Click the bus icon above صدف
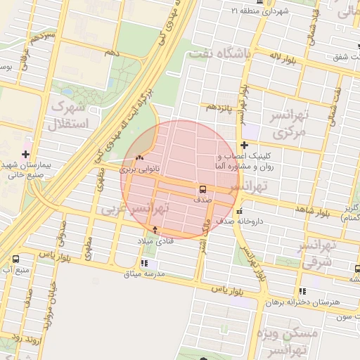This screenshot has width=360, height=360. pyautogui.click(x=202, y=189)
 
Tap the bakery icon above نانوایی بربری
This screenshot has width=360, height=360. pyautogui.click(x=139, y=157)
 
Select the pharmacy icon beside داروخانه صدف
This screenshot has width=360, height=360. pyautogui.click(x=240, y=211)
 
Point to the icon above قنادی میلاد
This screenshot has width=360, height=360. pyautogui.click(x=155, y=230)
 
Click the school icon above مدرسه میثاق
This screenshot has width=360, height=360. pyautogui.click(x=144, y=263)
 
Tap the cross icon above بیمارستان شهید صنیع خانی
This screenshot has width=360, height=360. pyautogui.click(x=26, y=153)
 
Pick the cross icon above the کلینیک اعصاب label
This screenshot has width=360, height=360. pyautogui.click(x=244, y=146)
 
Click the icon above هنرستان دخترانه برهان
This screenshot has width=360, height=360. pyautogui.click(x=302, y=291)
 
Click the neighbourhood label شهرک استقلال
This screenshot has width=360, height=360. pyautogui.click(x=68, y=115)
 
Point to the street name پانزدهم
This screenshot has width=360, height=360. pyautogui.click(x=220, y=107)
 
